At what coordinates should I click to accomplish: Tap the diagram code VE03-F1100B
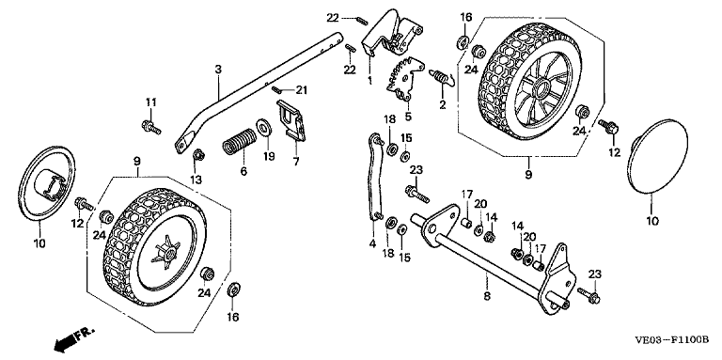point(671,340)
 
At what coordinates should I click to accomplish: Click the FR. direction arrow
point(73,338)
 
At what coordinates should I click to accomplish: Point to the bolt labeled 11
point(151,127)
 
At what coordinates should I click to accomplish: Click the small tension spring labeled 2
point(442,76)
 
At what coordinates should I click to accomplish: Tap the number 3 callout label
point(218,70)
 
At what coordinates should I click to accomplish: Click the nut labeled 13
point(198,154)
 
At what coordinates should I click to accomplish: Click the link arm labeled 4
point(374,178)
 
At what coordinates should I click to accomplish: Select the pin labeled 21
point(277,89)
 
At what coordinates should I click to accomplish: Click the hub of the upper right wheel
point(539,86)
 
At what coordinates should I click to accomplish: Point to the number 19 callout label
point(269,157)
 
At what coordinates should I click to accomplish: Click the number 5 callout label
point(408,117)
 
